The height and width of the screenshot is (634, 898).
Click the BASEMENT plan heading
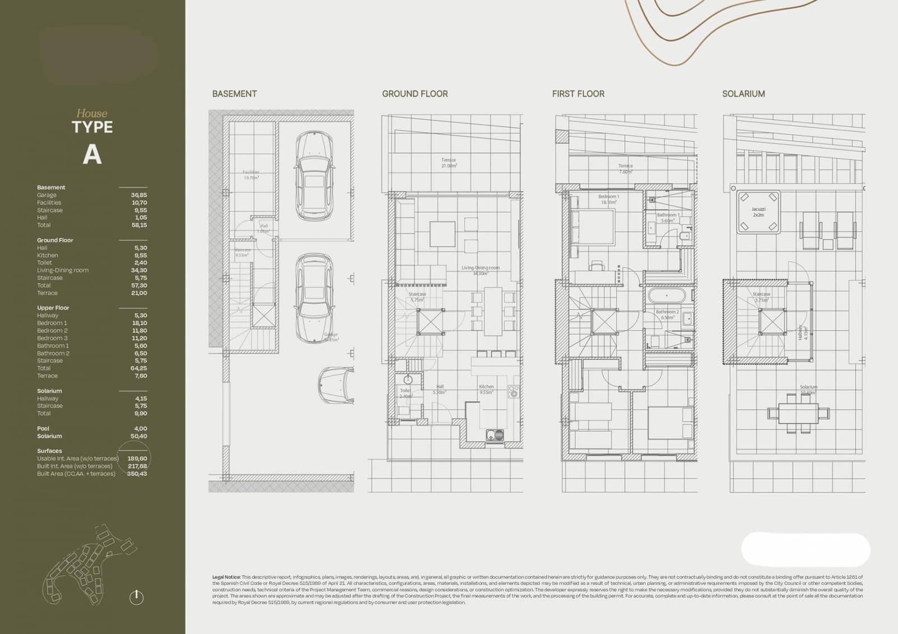point(234,94)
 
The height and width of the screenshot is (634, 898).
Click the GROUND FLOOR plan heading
point(415,94)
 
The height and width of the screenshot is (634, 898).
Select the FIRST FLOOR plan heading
point(578,94)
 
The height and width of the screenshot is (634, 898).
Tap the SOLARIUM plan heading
point(743,94)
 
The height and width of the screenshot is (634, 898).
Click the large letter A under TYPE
point(92,155)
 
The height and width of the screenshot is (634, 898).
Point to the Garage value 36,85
point(139,195)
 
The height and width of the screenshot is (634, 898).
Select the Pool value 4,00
point(140,428)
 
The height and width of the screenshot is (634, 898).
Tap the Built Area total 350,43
point(137,474)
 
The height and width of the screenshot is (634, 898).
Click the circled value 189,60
point(137,459)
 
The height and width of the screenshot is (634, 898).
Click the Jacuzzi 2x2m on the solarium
point(758,212)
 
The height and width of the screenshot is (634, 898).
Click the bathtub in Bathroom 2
point(667,295)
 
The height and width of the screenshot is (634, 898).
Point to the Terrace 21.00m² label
point(448,163)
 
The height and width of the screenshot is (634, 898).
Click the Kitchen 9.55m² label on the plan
point(486,390)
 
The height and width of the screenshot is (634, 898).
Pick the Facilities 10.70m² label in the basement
point(251,175)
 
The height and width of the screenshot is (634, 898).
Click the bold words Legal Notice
point(226,577)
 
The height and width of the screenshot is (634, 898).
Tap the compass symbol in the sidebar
point(136,597)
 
